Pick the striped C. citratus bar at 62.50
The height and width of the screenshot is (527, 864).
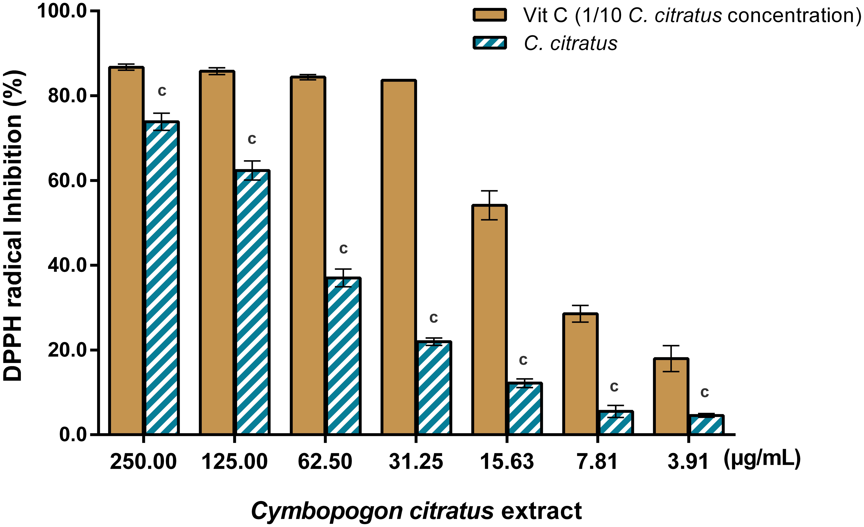pos(344,356)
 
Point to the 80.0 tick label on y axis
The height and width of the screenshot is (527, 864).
pos(67,96)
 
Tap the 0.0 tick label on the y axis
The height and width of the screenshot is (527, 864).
pos(73,435)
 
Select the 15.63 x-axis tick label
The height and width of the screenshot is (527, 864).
pos(507,461)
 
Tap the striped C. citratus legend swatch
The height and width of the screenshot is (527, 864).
pos(489,43)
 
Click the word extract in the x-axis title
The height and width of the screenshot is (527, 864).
pos(542,511)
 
